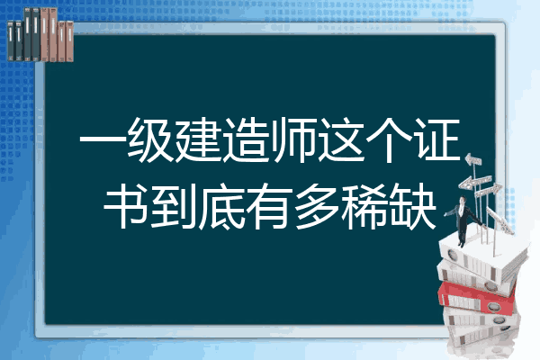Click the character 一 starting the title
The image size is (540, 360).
[103, 140]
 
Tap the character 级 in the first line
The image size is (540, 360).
[151, 139]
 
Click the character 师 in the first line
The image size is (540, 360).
[293, 139]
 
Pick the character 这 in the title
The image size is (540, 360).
[342, 139]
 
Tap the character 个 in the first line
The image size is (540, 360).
[390, 139]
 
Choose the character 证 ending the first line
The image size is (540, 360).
[438, 139]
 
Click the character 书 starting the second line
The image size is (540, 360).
[127, 206]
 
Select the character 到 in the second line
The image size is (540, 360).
[174, 206]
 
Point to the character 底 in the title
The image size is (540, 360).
[222, 206]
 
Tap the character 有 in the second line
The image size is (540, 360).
[270, 206]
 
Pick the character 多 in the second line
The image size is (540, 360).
[318, 206]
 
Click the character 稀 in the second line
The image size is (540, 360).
[365, 206]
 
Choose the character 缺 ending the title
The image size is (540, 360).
[413, 206]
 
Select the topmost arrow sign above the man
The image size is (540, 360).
[473, 160]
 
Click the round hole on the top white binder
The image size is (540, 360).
[452, 256]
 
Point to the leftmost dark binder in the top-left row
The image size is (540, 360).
[11, 40]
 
